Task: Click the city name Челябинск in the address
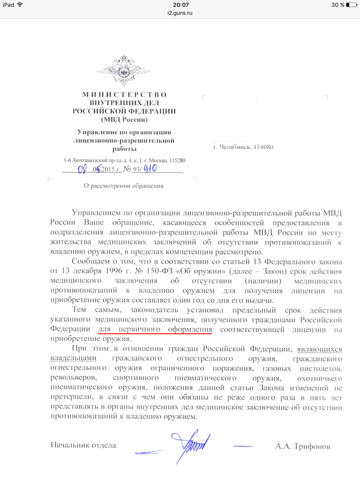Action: [235, 148]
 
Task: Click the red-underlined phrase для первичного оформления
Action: [155, 330]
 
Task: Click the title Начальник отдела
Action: [83, 445]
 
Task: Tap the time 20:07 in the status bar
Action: [180, 4]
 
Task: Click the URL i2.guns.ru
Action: [180, 13]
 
